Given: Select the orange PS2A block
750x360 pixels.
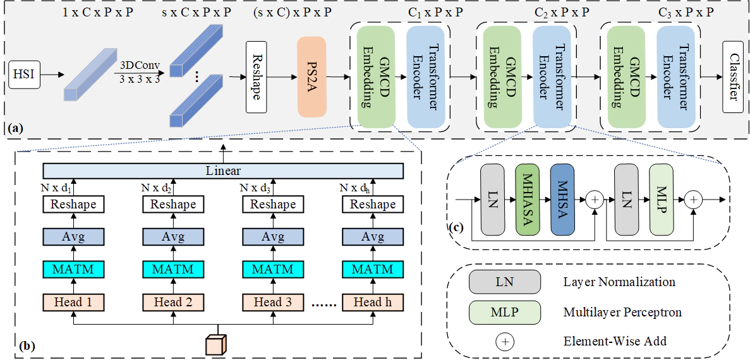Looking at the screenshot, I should pos(311,77).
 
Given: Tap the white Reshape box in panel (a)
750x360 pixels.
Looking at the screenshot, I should pos(256,76).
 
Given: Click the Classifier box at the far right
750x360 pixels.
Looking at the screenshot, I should pos(732,76).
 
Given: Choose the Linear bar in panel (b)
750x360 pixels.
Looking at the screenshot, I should pos(223,171).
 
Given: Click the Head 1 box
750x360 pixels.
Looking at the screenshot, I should pos(73,302).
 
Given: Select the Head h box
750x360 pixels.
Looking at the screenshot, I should pos(372,302).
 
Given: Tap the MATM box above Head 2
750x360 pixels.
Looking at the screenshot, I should pos(173,270).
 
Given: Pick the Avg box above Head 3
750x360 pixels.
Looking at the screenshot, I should pos(273,237).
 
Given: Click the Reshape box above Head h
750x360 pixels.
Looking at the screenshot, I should pos(372,204).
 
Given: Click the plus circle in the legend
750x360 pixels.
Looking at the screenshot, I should pos(505,342).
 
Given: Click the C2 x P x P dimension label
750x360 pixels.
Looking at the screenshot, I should pos(563,12).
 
